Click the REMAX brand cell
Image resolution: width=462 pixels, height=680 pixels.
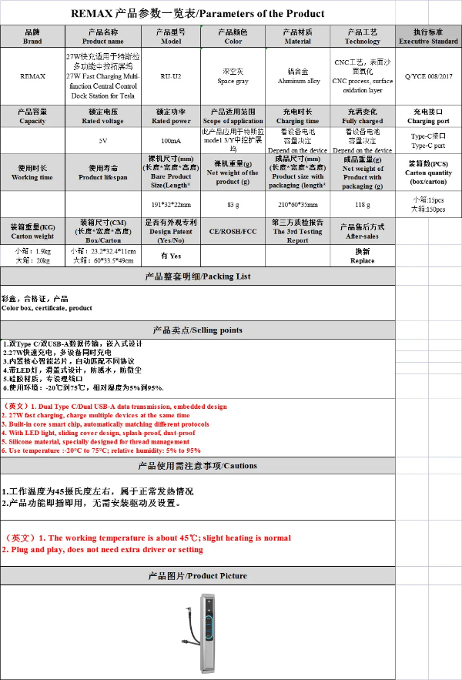(x=32, y=76)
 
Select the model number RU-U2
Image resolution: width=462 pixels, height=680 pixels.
(x=171, y=76)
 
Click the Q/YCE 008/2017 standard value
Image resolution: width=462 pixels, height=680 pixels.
(x=429, y=76)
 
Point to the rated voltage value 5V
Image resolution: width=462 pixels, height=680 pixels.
(x=103, y=141)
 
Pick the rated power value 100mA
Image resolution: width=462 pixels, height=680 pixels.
(x=171, y=141)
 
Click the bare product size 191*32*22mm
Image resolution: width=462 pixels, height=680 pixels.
(x=171, y=204)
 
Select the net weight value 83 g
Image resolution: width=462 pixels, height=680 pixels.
(x=233, y=204)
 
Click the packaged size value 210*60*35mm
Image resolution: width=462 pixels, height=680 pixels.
(x=297, y=204)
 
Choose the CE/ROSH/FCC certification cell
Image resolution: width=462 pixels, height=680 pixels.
(x=233, y=231)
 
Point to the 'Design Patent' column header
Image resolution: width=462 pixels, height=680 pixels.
(x=171, y=231)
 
